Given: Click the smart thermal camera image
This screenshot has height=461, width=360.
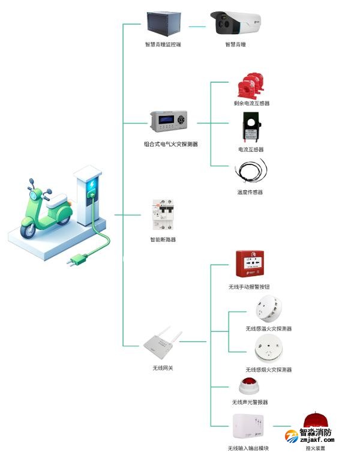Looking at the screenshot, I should tap(236, 25).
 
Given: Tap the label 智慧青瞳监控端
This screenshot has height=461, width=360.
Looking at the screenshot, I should tap(163, 44).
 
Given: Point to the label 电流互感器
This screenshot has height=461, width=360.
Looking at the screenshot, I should tap(251, 149).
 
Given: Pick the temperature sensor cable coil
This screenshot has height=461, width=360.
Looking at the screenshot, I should tap(251, 172).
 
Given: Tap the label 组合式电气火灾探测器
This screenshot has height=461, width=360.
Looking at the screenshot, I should tap(171, 144).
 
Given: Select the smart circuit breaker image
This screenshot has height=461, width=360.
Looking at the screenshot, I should tap(163, 215).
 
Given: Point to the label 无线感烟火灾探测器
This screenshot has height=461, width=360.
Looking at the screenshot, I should tap(268, 370).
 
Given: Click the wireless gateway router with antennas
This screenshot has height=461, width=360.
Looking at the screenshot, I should tap(162, 344).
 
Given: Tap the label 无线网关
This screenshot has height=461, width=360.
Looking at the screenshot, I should tap(163, 367).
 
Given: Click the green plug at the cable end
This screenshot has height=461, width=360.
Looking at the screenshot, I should tap(77, 260).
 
